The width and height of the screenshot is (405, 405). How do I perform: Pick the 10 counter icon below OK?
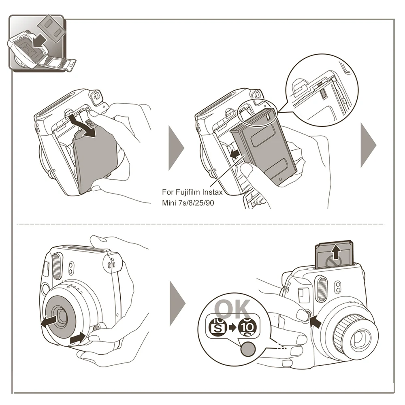tap(248, 326)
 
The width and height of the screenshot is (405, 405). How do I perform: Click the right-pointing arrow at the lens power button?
tap(77, 337)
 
